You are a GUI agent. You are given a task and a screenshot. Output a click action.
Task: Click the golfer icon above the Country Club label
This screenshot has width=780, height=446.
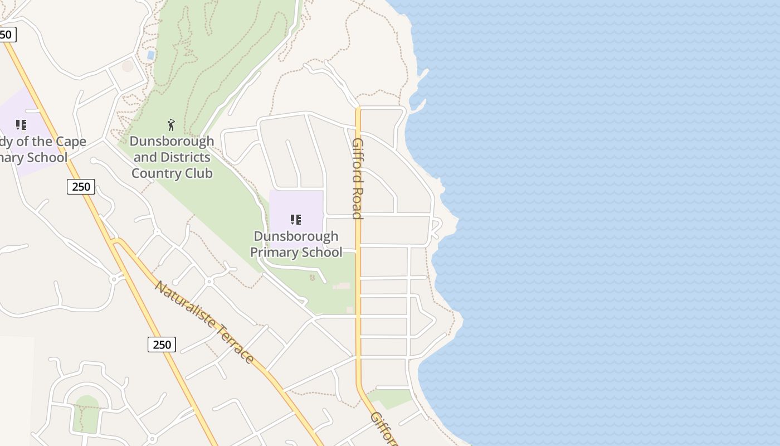[171, 124]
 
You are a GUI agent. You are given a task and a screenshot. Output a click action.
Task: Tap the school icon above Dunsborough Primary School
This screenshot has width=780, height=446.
[296, 220]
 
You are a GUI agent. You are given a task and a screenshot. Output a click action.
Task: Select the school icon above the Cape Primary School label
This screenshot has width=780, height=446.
[21, 125]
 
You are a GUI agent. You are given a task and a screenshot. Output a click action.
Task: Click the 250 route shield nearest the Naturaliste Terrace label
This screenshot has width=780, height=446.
[162, 345]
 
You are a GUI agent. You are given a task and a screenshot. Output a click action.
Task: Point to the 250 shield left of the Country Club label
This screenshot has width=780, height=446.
[81, 186]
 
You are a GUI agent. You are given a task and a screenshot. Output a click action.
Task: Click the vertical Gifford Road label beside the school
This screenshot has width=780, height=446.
[358, 178]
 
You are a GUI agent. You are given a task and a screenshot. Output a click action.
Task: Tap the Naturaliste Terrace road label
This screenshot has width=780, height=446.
[204, 322]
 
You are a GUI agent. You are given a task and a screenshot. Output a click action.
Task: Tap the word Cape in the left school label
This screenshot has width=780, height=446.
[70, 142]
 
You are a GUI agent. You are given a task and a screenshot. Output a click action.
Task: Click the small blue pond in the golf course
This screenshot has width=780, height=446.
[150, 55]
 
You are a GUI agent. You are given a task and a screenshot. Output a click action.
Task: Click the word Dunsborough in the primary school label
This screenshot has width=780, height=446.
[296, 236]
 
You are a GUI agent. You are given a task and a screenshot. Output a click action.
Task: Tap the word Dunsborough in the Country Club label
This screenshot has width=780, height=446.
[172, 142]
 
